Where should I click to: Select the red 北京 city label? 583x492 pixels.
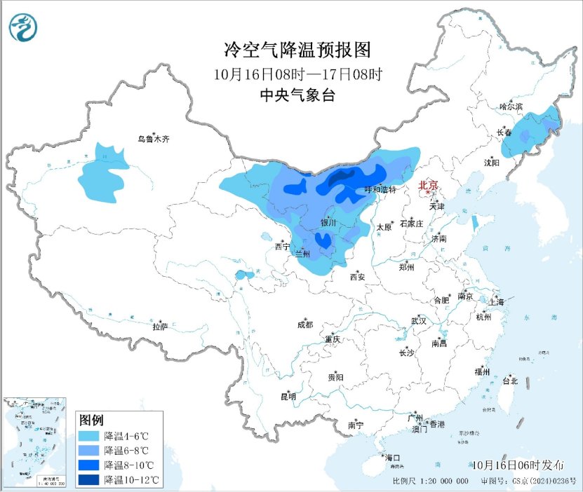pos(428,186)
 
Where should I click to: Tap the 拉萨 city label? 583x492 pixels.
pos(161,327)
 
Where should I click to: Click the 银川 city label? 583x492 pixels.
pos(328,223)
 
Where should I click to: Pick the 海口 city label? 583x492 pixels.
pos(392,458)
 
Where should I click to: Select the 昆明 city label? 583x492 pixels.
pos(288,397)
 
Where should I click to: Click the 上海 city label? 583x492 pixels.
pos(497,302)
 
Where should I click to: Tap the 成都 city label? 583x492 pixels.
pos(304,324)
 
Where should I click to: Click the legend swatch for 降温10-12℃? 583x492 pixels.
pos(89,480)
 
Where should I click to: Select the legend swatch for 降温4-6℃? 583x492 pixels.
pos(89,436)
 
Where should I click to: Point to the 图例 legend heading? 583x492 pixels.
pos(91,421)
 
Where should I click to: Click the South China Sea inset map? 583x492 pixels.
pos(35,442)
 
